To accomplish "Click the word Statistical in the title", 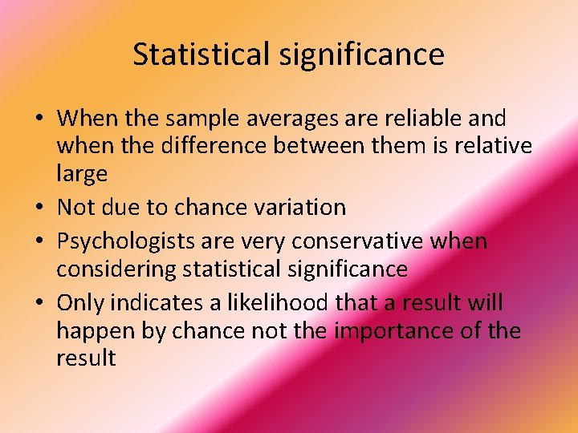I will pos(201,55).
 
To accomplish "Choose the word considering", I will pos(116,269).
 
